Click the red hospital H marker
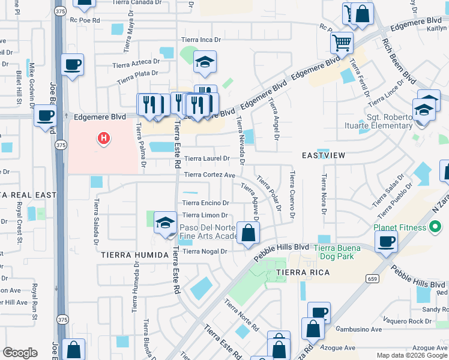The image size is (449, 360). tap(104, 139)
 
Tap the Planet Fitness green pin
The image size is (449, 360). tap(438, 227)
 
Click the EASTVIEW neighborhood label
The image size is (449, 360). tap(324, 155)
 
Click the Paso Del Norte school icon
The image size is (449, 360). tap(165, 223)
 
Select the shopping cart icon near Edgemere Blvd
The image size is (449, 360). tap(342, 43)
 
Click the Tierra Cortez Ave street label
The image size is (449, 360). tap(209, 175)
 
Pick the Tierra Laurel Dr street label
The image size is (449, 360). tap(206, 159)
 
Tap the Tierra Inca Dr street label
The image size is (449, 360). tap(202, 40)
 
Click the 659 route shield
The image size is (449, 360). tap(373, 278)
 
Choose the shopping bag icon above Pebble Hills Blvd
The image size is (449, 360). tap(248, 232)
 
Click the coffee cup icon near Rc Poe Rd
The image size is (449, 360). tap(73, 65)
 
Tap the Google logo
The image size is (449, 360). tap(20, 353)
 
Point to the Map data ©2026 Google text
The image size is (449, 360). tap(412, 355)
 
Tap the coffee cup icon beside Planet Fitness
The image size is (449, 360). tap(386, 241)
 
